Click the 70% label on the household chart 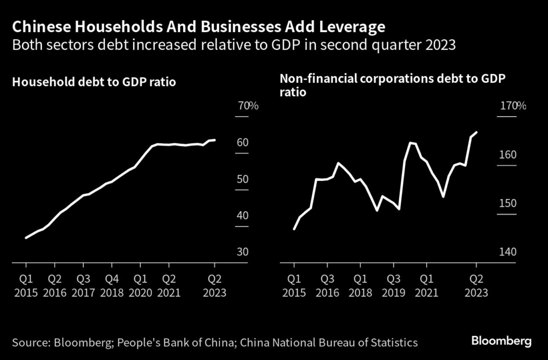tap(248, 106)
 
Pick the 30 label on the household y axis tap(243, 252)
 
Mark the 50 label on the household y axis tap(243, 179)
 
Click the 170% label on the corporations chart tap(513, 106)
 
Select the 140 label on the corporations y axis tap(508, 252)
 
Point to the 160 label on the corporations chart tap(508, 155)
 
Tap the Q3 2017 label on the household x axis tap(83, 286)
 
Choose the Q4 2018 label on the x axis tap(112, 286)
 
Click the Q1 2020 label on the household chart tap(140, 286)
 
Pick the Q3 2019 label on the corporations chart tap(393, 286)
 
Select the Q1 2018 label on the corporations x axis tap(360, 286)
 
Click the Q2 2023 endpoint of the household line tap(215, 140)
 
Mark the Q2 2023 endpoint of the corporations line tap(476, 132)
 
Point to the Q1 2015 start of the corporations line tap(294, 229)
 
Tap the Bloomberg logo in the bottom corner tap(501, 341)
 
